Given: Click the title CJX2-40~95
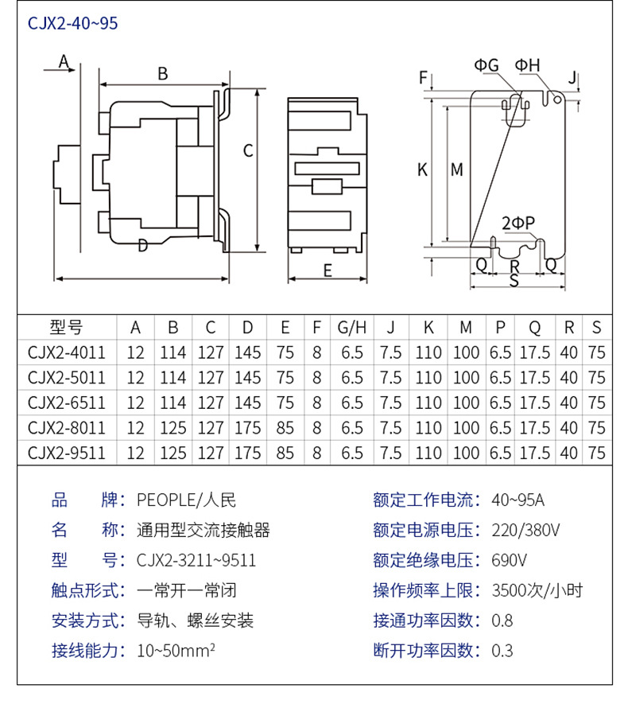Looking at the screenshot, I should coord(72,23).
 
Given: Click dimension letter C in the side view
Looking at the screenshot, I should coord(248,150).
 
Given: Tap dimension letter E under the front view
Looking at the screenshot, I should coord(327,270).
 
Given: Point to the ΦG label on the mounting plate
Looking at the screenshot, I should coord(487,65).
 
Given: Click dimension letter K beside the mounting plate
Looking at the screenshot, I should coord(423,169).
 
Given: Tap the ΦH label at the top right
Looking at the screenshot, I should coord(527,65).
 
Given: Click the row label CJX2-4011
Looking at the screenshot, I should coord(66,352).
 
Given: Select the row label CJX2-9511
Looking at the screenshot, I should coord(66,453).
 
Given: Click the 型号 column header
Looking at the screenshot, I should coord(66,327).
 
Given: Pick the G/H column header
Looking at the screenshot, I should coord(352,327).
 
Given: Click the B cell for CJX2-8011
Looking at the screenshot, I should coord(172,427).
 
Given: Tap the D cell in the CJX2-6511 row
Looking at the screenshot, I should coord(248,402).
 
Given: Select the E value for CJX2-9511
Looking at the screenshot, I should coord(285,453).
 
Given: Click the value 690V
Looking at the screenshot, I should coord(510,560).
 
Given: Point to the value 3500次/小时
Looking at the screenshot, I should coord(537,590).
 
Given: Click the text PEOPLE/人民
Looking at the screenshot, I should coord(186,500).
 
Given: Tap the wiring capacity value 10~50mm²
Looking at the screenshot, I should coord(176,651).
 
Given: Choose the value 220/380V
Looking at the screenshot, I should coord(525,530).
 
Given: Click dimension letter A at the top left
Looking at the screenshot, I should coord(64,62).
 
